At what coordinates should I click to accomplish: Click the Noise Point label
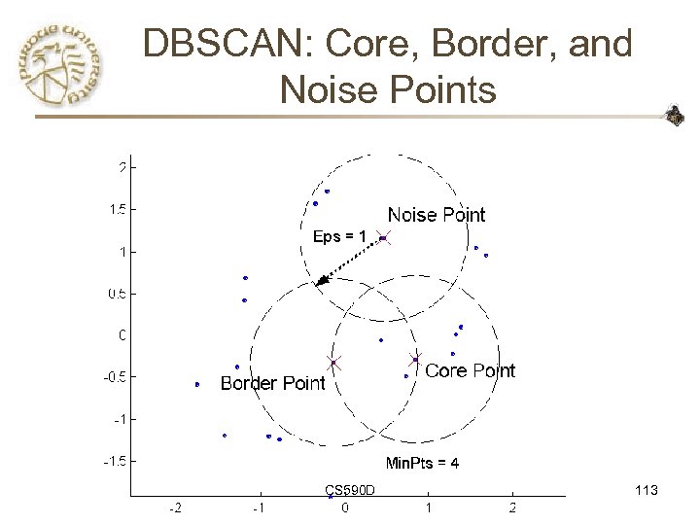[x=436, y=215]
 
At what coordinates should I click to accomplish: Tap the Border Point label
[x=272, y=384]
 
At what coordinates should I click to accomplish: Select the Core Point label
[x=471, y=370]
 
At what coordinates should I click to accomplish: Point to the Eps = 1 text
[x=340, y=236]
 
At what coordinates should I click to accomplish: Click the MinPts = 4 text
[x=423, y=463]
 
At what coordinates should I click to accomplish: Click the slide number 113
[x=645, y=491]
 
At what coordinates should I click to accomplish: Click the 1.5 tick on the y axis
[x=114, y=209]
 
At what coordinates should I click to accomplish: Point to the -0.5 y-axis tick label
[x=112, y=377]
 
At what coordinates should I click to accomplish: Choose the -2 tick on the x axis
[x=174, y=508]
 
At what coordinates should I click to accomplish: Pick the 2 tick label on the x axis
[x=512, y=508]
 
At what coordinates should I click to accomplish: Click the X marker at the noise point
[x=383, y=237]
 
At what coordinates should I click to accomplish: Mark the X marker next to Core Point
[x=415, y=359]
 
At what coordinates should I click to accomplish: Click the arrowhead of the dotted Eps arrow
[x=322, y=281]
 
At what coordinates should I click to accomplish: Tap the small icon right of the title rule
[x=674, y=118]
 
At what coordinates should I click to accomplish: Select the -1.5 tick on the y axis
[x=112, y=461]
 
